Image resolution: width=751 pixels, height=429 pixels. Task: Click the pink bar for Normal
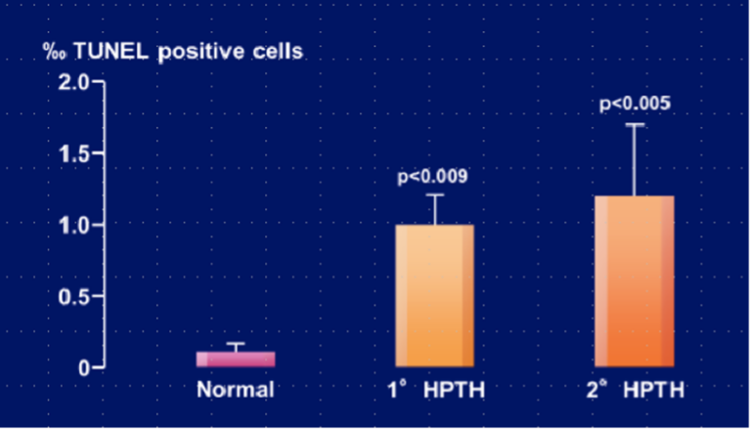point(236,359)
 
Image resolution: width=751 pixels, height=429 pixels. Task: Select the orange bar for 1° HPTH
point(435,296)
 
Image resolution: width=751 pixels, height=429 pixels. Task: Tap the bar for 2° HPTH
point(635,281)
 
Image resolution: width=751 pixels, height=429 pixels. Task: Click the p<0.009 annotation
point(432,177)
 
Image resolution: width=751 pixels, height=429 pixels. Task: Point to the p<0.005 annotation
point(635,104)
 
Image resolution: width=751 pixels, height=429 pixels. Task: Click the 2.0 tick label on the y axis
point(73,82)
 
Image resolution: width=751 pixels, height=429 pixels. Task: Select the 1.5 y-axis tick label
point(73,153)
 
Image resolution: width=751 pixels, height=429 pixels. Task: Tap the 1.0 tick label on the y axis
point(73,225)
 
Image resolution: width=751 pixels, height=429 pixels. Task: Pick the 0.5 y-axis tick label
point(73,297)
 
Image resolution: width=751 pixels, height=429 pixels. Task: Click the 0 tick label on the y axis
point(84,368)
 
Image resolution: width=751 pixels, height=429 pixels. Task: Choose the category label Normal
point(236,390)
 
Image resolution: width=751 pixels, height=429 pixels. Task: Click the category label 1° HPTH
point(436,390)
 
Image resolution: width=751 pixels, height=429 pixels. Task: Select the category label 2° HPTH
point(636,390)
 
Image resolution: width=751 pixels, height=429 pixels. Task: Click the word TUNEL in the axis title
point(110,51)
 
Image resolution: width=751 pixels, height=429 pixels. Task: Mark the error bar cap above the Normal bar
point(236,343)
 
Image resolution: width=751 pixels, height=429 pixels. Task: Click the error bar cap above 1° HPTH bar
point(435,194)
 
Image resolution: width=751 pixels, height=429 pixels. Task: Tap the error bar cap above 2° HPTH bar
point(635,124)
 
